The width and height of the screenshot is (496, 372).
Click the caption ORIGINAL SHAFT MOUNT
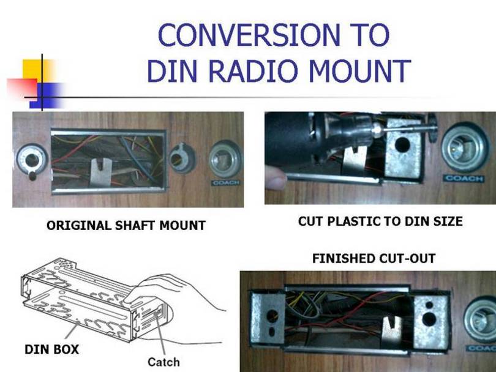point(126,226)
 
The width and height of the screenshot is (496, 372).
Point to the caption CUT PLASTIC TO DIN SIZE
point(380,221)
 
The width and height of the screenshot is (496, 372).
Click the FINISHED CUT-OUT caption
point(374,258)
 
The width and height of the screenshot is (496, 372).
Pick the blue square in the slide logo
point(49,95)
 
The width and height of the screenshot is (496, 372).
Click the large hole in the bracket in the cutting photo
point(403,146)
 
